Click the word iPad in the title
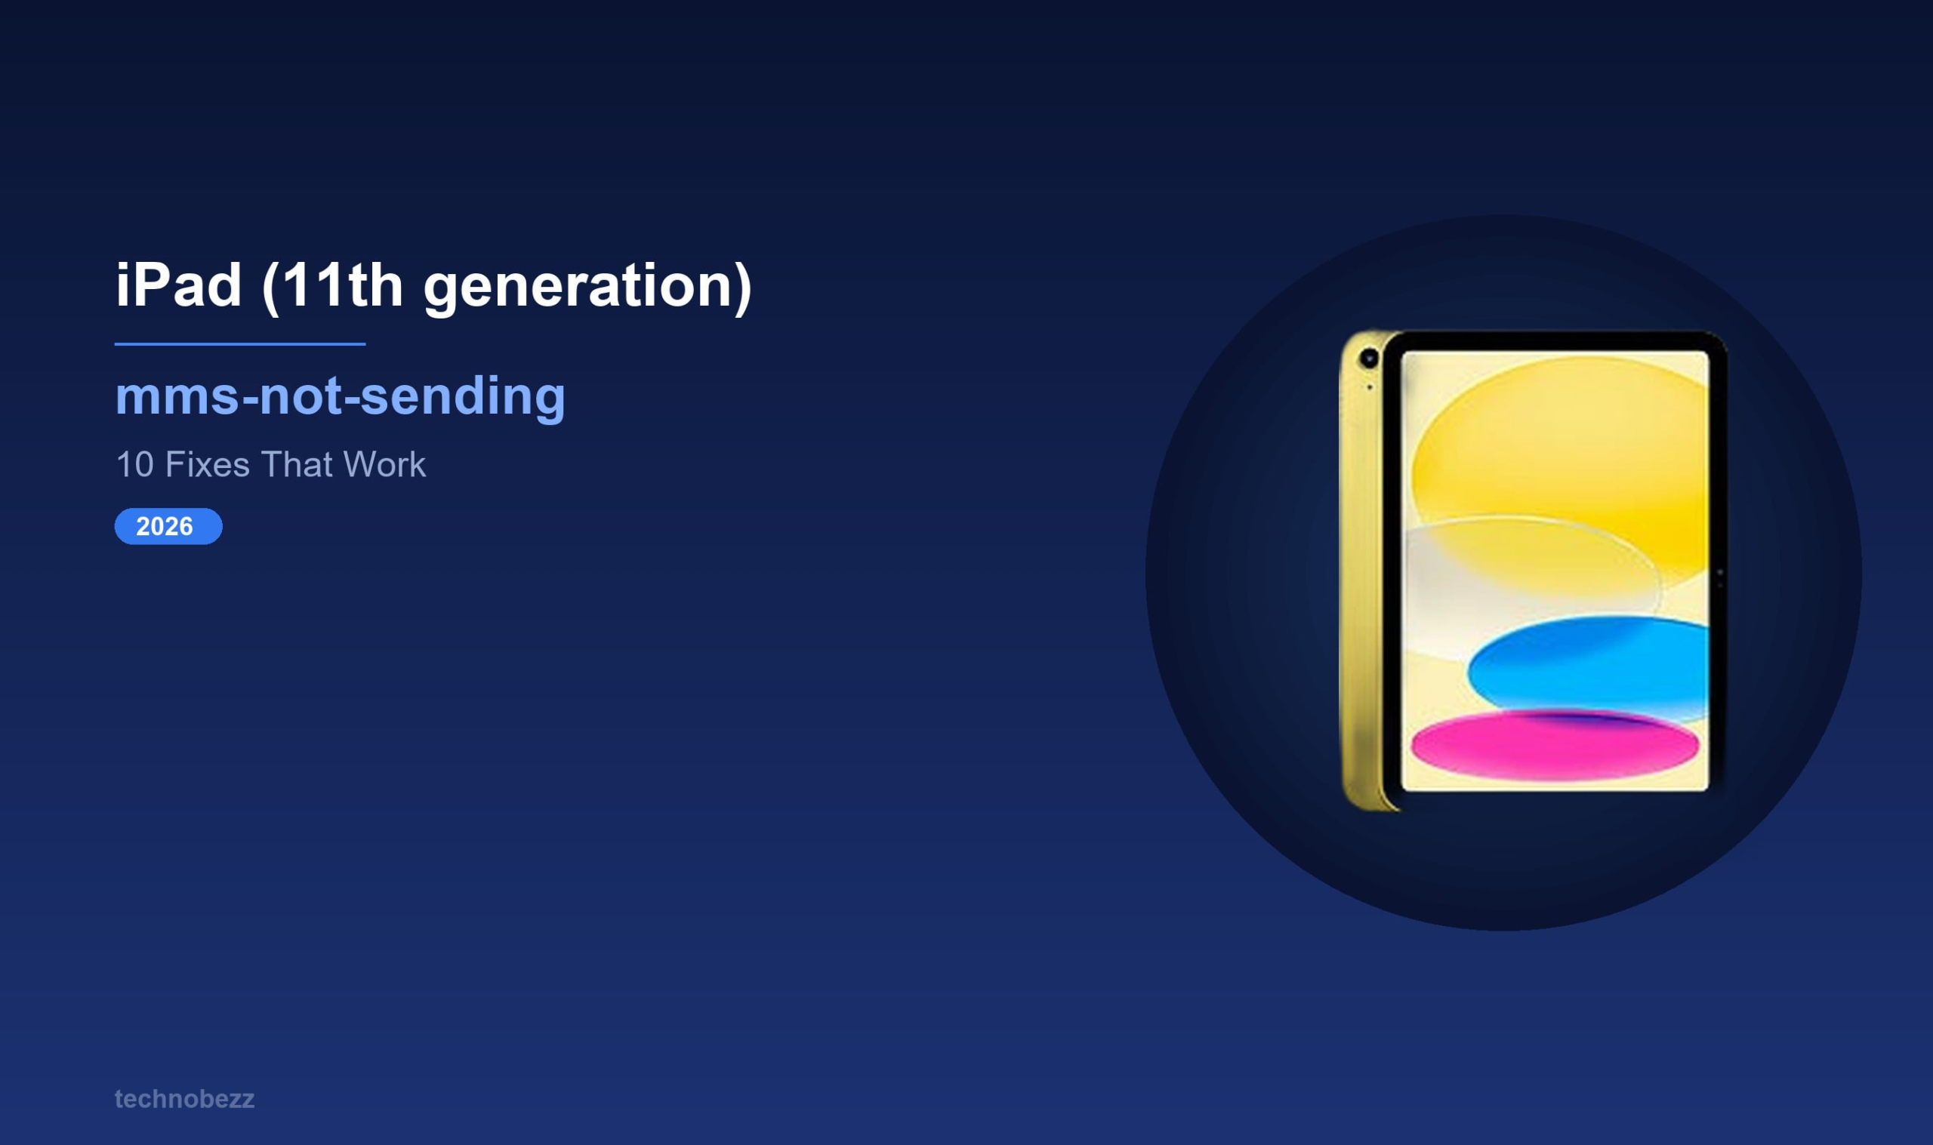pyautogui.click(x=178, y=285)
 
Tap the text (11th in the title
pyautogui.click(x=332, y=285)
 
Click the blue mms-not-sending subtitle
pyautogui.click(x=340, y=396)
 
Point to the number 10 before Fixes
pyautogui.click(x=134, y=464)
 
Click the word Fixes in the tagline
pyautogui.click(x=207, y=464)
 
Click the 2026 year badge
pyautogui.click(x=168, y=526)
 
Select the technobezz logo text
pyautogui.click(x=184, y=1099)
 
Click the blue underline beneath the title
pyautogui.click(x=240, y=344)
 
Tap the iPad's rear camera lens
pyautogui.click(x=1369, y=358)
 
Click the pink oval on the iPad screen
pyautogui.click(x=1554, y=744)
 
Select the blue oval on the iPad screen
pyautogui.click(x=1589, y=665)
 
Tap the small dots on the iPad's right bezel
pyautogui.click(x=1719, y=578)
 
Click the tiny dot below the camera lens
pyautogui.click(x=1370, y=387)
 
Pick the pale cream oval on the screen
pyautogui.click(x=1512, y=571)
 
